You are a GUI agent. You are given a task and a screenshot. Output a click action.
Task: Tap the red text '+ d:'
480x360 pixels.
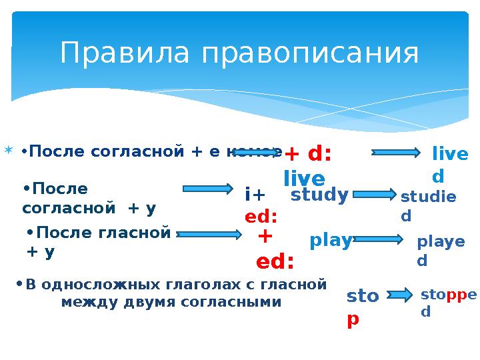coord(308,154)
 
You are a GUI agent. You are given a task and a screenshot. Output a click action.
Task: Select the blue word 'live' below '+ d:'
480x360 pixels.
coord(304,179)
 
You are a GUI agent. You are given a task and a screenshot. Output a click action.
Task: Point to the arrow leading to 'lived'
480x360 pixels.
coord(396,153)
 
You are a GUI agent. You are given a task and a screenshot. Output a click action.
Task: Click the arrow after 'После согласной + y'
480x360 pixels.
coord(208,189)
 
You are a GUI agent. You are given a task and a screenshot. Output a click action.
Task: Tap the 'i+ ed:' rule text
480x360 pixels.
coord(261,205)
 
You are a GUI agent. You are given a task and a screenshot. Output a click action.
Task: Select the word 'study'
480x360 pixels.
coord(319,195)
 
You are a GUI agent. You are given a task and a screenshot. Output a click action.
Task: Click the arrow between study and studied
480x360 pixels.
coord(373,195)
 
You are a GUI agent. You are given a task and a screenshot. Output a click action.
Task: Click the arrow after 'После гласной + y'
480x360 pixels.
coord(209,234)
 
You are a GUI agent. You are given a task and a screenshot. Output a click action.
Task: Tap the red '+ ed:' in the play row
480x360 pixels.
coord(274,249)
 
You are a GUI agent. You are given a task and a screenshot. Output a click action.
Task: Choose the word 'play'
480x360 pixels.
coord(330,240)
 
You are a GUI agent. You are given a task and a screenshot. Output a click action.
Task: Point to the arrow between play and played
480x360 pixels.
coord(377,239)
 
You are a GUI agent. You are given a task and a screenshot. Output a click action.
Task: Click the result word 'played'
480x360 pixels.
coord(440,251)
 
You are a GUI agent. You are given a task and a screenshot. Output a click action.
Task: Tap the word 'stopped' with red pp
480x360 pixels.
coord(448,301)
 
